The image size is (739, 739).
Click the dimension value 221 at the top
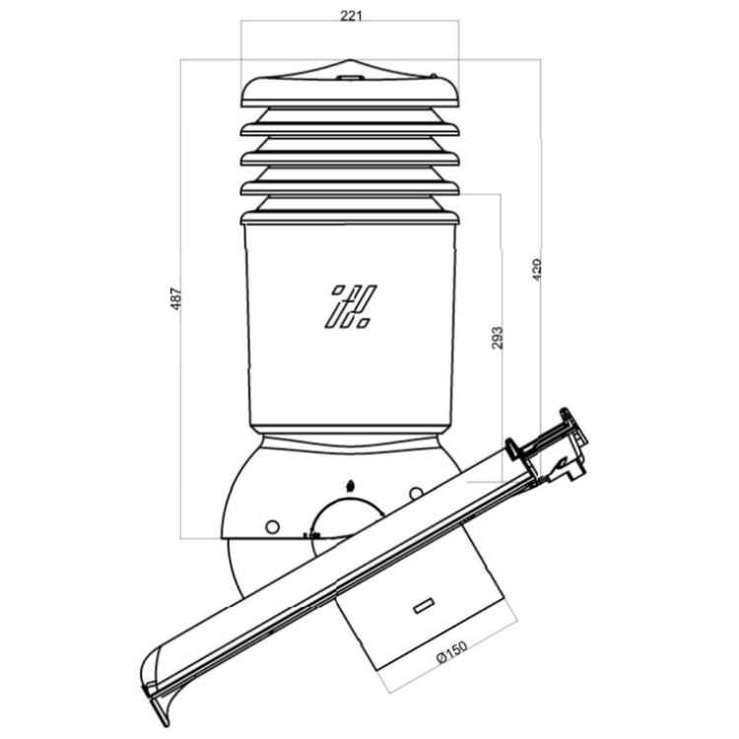click(351, 16)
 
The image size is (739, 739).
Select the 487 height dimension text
click(175, 299)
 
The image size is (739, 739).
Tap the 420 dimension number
click(537, 270)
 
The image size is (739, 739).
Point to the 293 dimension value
click(498, 337)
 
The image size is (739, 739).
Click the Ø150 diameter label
click(452, 652)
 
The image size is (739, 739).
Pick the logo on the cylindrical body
click(351, 305)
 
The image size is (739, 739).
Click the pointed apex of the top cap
click(350, 60)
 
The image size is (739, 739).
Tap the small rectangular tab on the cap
click(349, 77)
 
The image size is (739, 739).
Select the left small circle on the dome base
click(272, 526)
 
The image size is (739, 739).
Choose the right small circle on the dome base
click(416, 494)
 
